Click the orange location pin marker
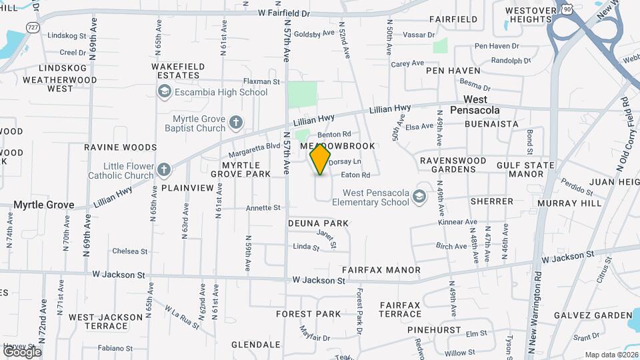[x=321, y=159]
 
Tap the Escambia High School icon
[x=164, y=92]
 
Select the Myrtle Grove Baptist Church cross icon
[x=235, y=123]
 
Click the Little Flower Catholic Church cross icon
[x=164, y=171]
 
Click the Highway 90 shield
[x=566, y=9]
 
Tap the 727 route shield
[x=33, y=27]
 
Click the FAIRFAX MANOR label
[x=381, y=270]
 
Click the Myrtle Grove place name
[x=44, y=205]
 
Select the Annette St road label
[x=263, y=208]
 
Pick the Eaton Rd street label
[x=355, y=175]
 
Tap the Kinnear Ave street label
[x=457, y=222]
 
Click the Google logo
[x=21, y=351]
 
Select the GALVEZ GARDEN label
[x=595, y=315]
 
